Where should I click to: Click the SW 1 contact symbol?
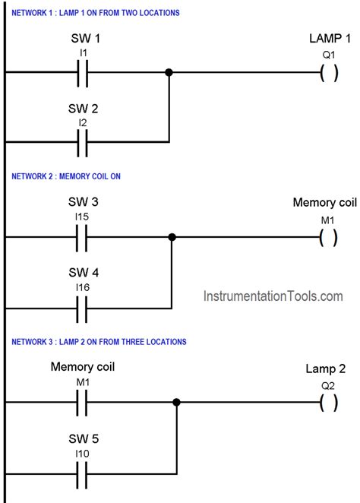[84, 73]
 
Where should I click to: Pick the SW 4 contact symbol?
[84, 307]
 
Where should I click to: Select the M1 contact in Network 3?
[84, 403]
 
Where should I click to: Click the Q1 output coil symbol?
[328, 73]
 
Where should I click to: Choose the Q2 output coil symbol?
[328, 403]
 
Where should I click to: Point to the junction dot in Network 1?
[169, 73]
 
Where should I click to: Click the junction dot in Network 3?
[177, 403]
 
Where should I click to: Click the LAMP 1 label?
[328, 39]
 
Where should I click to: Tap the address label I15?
[84, 218]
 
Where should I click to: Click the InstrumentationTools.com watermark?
[272, 296]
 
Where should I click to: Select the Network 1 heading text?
[96, 12]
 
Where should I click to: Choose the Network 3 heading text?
[99, 342]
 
